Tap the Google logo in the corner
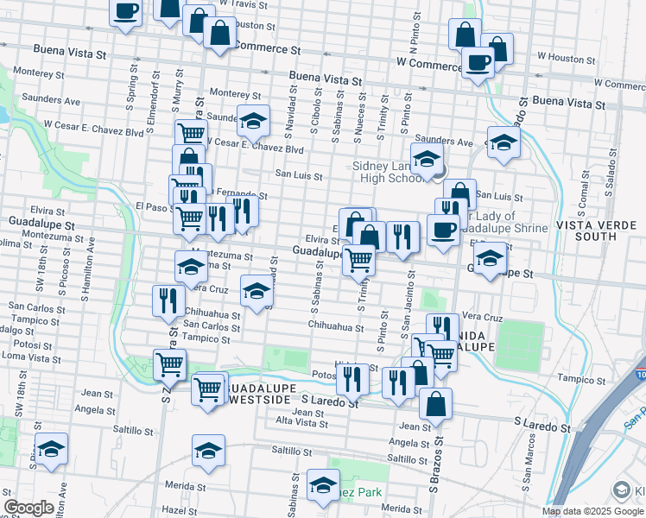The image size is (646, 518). tap(29, 507)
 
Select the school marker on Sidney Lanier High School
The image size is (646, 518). tap(426, 159)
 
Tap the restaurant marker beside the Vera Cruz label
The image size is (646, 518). tap(167, 300)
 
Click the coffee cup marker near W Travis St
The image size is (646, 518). tap(126, 10)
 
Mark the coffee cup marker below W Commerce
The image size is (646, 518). tap(478, 61)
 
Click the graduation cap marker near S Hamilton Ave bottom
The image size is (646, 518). tap(51, 448)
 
